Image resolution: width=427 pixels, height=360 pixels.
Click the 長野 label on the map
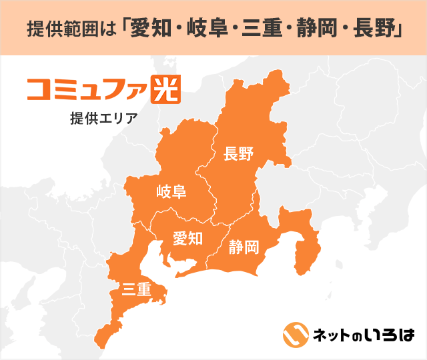pyautogui.click(x=238, y=155)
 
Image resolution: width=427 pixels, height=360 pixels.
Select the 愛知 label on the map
pyautogui.click(x=187, y=238)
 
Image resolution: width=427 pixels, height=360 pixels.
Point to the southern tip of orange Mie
pyautogui.click(x=100, y=343)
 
